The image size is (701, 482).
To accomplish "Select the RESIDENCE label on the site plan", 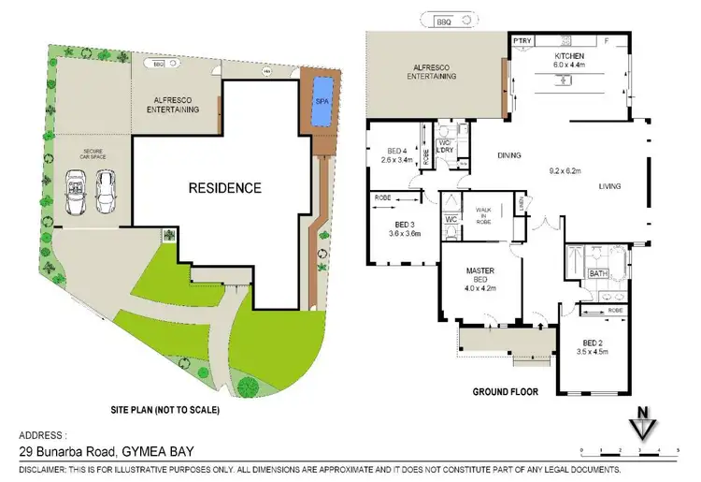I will pyautogui.click(x=225, y=187).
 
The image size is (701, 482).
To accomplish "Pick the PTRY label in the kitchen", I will pyautogui.click(x=522, y=42).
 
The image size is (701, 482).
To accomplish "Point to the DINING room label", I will pyautogui.click(x=508, y=155).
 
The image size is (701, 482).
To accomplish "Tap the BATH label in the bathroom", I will pyautogui.click(x=597, y=274).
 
